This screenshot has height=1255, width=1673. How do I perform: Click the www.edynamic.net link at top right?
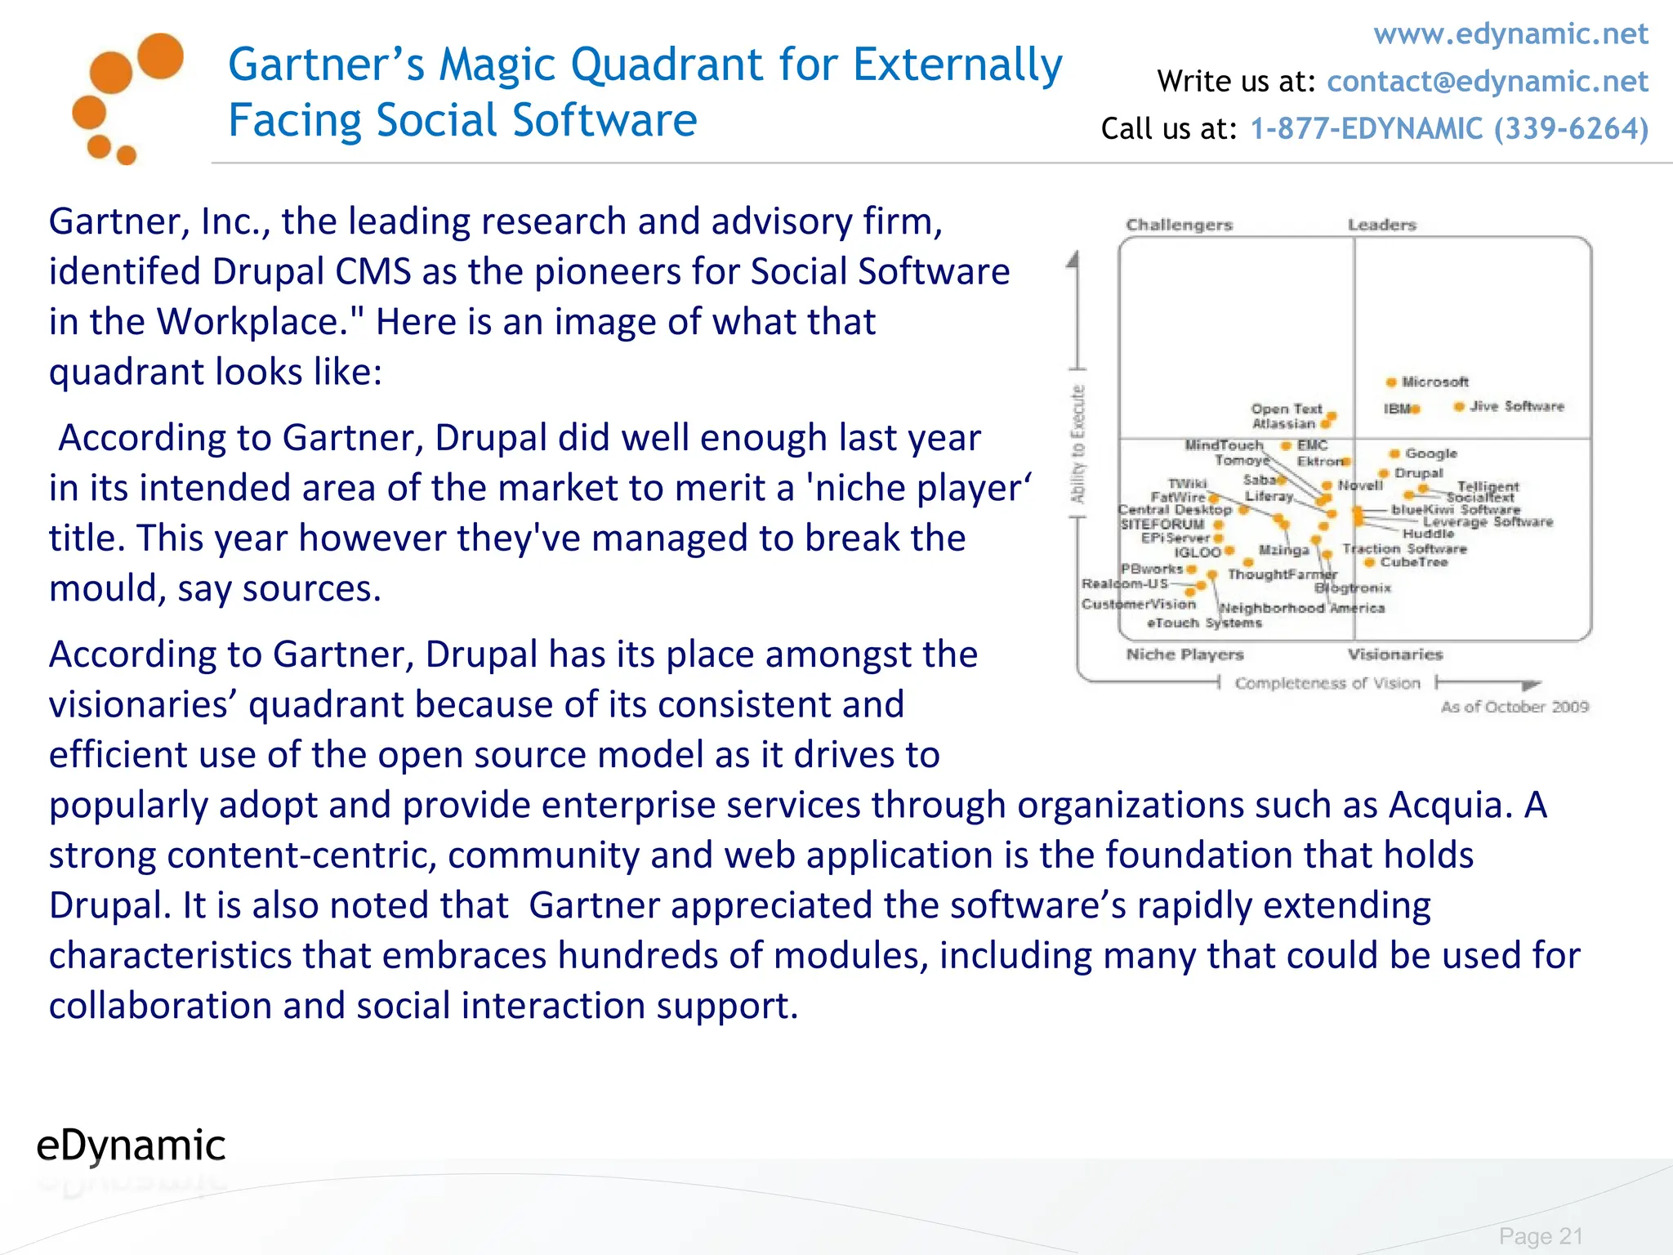1510,34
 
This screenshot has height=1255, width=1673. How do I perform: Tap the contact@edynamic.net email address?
1487,82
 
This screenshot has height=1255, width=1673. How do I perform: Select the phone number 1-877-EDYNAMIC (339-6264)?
1449,129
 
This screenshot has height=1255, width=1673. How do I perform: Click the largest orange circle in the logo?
160,56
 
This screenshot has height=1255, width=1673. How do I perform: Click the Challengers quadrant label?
1179,225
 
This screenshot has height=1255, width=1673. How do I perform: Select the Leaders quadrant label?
1381,225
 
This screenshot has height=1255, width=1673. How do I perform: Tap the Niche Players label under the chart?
1184,654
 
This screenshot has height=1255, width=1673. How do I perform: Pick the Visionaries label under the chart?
1395,654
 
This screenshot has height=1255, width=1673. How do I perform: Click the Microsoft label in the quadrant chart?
1434,382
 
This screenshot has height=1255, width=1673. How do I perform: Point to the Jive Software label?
1516,406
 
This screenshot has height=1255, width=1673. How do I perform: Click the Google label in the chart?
1430,453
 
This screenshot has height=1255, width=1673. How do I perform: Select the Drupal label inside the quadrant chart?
1419,473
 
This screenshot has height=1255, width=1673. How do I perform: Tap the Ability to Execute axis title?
1078,444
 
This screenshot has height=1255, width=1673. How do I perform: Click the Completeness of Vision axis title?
1327,683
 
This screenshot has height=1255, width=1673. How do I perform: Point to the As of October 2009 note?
1515,707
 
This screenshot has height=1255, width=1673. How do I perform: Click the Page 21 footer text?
1541,1236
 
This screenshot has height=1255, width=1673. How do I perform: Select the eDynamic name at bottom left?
131,1146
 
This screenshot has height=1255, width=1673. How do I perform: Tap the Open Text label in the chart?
1286,409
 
